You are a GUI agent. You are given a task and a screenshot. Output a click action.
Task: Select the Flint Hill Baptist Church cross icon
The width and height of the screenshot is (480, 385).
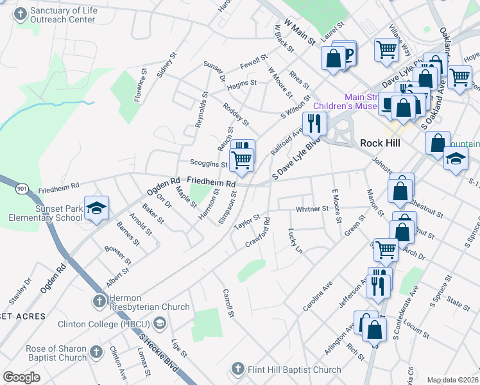click(x=237, y=369)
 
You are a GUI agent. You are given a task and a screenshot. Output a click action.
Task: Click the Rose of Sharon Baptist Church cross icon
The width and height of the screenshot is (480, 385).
click(x=96, y=352)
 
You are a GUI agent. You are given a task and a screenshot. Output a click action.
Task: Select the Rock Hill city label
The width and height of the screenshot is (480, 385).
click(x=380, y=142)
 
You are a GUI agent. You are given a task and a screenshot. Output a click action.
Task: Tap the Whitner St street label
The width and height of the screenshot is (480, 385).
click(x=312, y=210)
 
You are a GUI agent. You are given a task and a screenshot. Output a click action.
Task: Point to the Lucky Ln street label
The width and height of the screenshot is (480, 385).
click(x=295, y=240)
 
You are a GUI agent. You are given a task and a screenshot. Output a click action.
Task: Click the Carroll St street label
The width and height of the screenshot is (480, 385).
click(x=228, y=302)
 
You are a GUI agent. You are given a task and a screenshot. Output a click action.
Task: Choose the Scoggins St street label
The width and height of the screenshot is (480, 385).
click(x=209, y=164)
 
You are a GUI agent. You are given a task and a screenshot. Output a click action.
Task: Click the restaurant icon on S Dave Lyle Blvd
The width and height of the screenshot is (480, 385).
click(x=314, y=123)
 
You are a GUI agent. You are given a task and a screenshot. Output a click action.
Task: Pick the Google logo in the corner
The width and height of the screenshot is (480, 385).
click(x=21, y=377)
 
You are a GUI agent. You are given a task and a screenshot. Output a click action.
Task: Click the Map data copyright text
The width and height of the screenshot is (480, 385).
click(x=453, y=380)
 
